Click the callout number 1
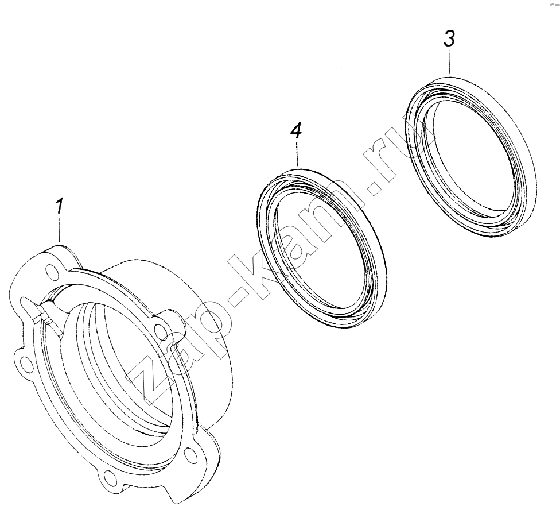click(x=59, y=207)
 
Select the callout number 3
click(x=449, y=38)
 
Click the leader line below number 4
click(x=297, y=153)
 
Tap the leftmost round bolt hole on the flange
click(x=25, y=363)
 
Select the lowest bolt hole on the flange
click(x=108, y=478)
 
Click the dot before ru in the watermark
click(x=372, y=187)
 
